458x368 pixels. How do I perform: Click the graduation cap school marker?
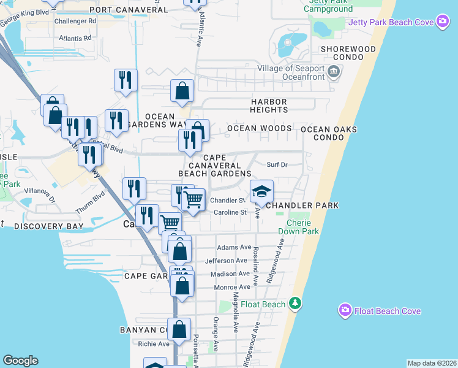[x=261, y=191]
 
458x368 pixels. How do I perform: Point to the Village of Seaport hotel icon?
[x=334, y=72]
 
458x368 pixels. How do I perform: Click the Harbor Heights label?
[x=269, y=105]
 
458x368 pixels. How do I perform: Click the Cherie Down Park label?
[x=298, y=227]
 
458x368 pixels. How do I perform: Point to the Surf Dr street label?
[x=277, y=164]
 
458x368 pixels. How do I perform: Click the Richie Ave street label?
[x=154, y=344]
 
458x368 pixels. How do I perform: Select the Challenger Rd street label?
[x=75, y=20]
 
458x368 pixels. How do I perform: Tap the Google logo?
[x=20, y=361]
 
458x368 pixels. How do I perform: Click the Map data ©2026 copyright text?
[x=432, y=363]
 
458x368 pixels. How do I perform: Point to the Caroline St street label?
[x=230, y=213]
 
